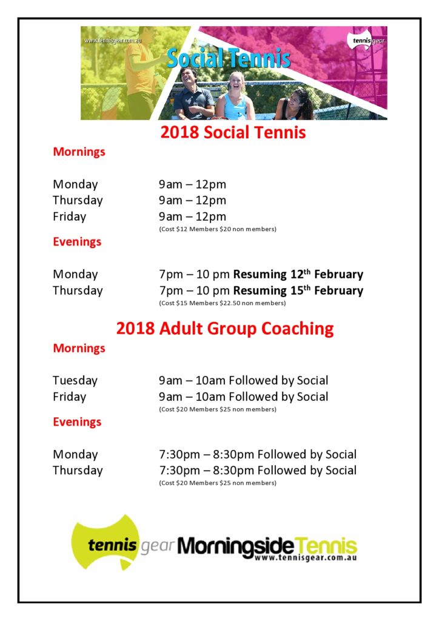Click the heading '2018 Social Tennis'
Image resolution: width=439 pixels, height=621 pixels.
pos(233,132)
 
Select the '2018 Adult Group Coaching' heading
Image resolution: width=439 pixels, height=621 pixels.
pos(225,329)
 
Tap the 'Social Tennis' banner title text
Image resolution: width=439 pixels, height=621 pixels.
pos(229,58)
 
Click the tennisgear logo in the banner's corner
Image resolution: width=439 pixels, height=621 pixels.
pos(366,41)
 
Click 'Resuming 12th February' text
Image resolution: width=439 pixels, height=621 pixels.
pos(298,274)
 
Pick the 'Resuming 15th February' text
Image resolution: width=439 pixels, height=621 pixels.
pos(298,290)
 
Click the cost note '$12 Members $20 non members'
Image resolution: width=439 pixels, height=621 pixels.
pos(218,229)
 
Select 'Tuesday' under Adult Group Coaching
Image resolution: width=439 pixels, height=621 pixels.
pos(75,381)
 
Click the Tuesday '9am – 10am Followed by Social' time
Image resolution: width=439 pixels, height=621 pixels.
pos(243,381)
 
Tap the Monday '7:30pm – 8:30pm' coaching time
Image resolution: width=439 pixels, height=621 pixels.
pos(206,454)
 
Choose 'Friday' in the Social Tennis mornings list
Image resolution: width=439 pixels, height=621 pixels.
pos(69,217)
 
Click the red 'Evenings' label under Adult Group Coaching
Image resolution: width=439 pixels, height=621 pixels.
pos(77,422)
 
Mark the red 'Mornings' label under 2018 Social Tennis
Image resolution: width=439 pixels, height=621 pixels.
pos(79,152)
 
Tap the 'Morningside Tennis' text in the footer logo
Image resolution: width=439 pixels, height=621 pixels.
pos(267,544)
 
